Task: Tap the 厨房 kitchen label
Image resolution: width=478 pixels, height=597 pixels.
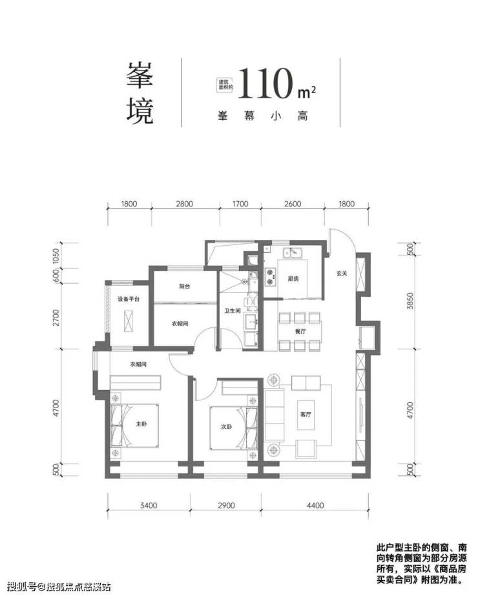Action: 295,279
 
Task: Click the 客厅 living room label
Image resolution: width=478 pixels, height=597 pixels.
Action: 306,415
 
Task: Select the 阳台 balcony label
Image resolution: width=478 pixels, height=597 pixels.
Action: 185,286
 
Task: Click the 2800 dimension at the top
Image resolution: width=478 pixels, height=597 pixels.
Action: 184,205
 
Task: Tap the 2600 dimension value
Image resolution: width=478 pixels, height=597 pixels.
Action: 293,205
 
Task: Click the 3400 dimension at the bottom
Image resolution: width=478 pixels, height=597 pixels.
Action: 148,504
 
